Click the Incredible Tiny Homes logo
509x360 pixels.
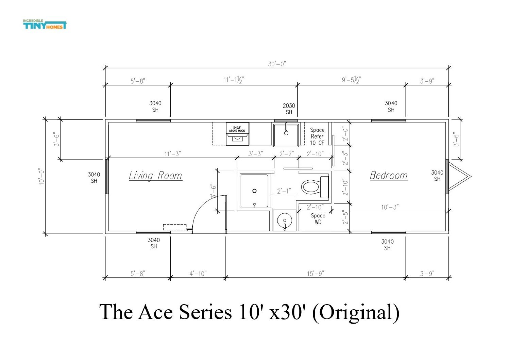45,24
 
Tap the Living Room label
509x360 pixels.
155,176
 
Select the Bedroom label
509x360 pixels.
389,176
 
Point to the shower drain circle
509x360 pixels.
254,191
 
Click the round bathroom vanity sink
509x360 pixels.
285,220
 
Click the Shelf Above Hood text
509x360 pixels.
237,129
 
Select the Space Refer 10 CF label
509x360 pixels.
317,136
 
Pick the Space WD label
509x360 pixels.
318,219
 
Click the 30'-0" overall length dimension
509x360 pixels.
277,64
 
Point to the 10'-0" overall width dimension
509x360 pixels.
41,177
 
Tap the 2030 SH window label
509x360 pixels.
289,109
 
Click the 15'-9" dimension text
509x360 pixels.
316,274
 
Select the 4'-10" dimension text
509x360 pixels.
198,274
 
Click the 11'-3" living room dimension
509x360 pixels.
173,154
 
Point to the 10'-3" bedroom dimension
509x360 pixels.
390,207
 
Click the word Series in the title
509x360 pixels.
205,312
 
